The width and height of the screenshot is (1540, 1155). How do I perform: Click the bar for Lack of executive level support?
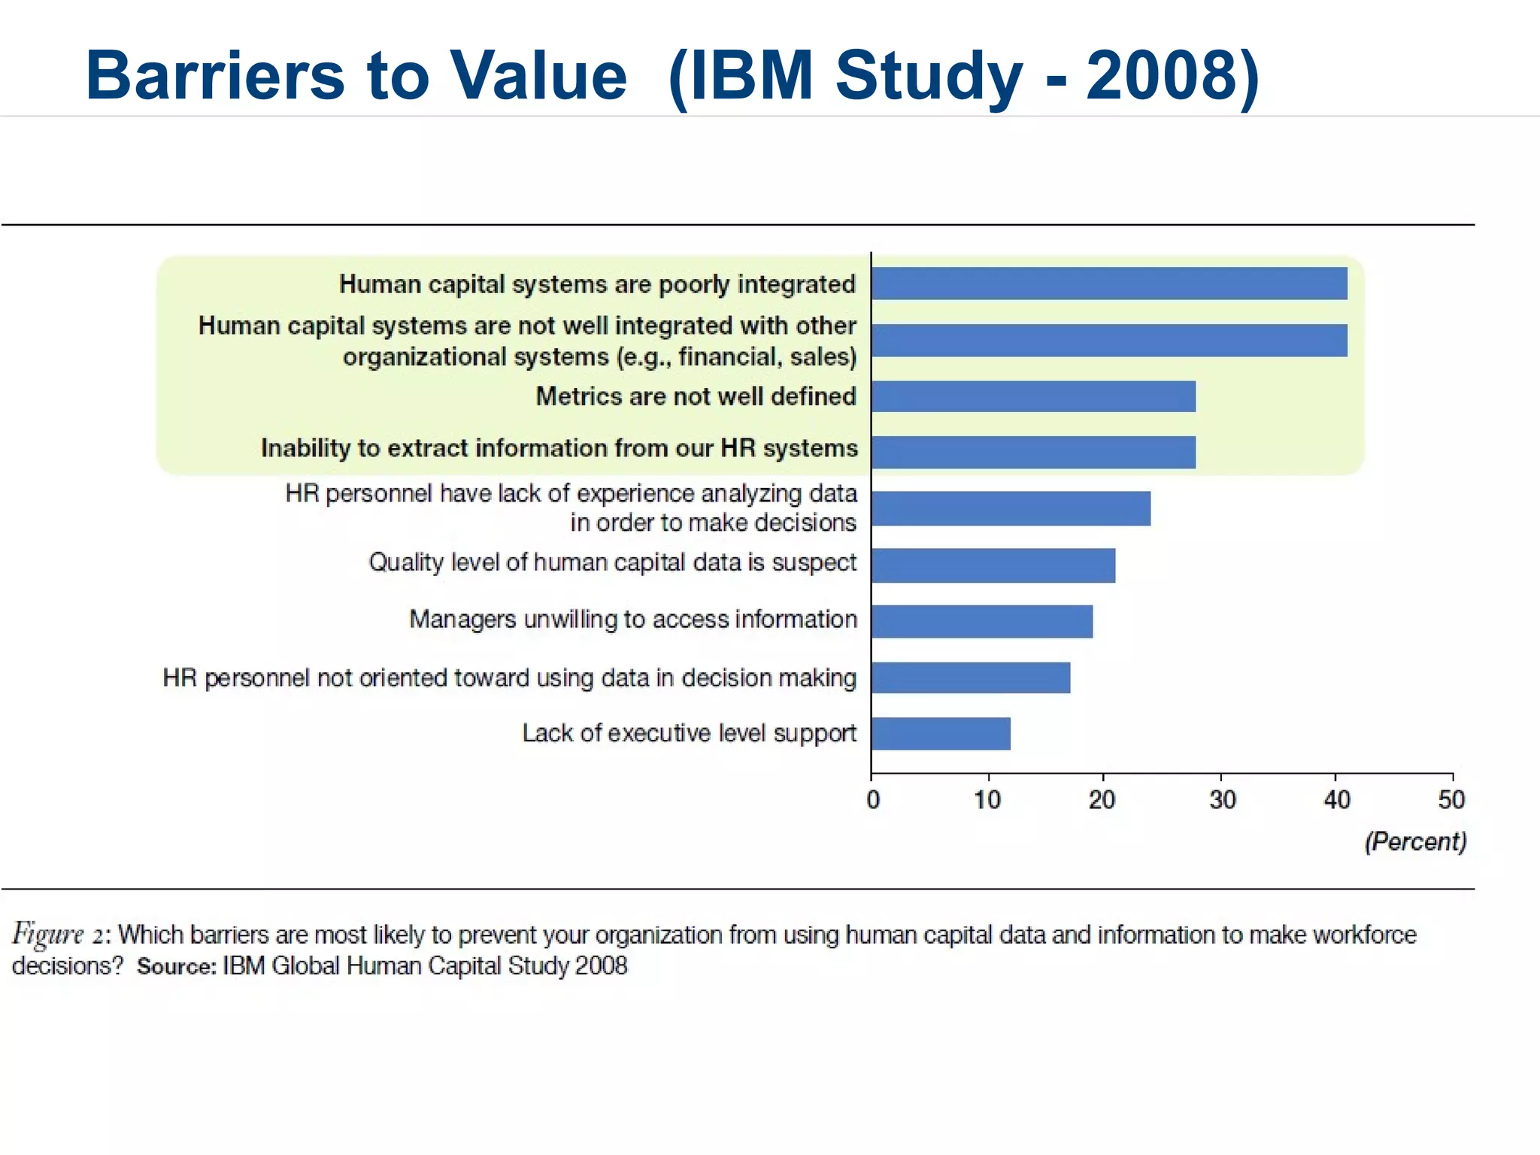click(941, 734)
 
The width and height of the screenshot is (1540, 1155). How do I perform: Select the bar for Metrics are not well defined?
click(1033, 396)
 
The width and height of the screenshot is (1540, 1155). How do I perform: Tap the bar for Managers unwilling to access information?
click(982, 622)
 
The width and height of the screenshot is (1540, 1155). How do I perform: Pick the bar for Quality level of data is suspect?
click(993, 565)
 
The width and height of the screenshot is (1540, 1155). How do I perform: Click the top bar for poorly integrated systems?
click(1109, 283)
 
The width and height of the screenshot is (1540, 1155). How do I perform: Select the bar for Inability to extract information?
click(1033, 452)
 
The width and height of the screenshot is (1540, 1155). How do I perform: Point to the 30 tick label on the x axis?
click(1222, 799)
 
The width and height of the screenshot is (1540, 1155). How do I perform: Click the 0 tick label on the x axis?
click(872, 799)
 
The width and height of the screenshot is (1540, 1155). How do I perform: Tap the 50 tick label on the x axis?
click(1451, 799)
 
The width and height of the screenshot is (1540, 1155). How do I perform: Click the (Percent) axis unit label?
click(1415, 841)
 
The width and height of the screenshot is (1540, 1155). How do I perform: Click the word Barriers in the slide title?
click(214, 75)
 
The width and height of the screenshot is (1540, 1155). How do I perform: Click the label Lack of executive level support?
click(689, 733)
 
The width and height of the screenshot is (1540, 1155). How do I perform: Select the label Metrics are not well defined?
click(696, 396)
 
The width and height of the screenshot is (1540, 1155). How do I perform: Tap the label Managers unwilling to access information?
click(632, 619)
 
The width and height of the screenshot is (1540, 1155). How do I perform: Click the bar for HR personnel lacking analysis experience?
click(1011, 509)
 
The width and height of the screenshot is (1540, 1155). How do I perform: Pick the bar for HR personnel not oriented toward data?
click(971, 678)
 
